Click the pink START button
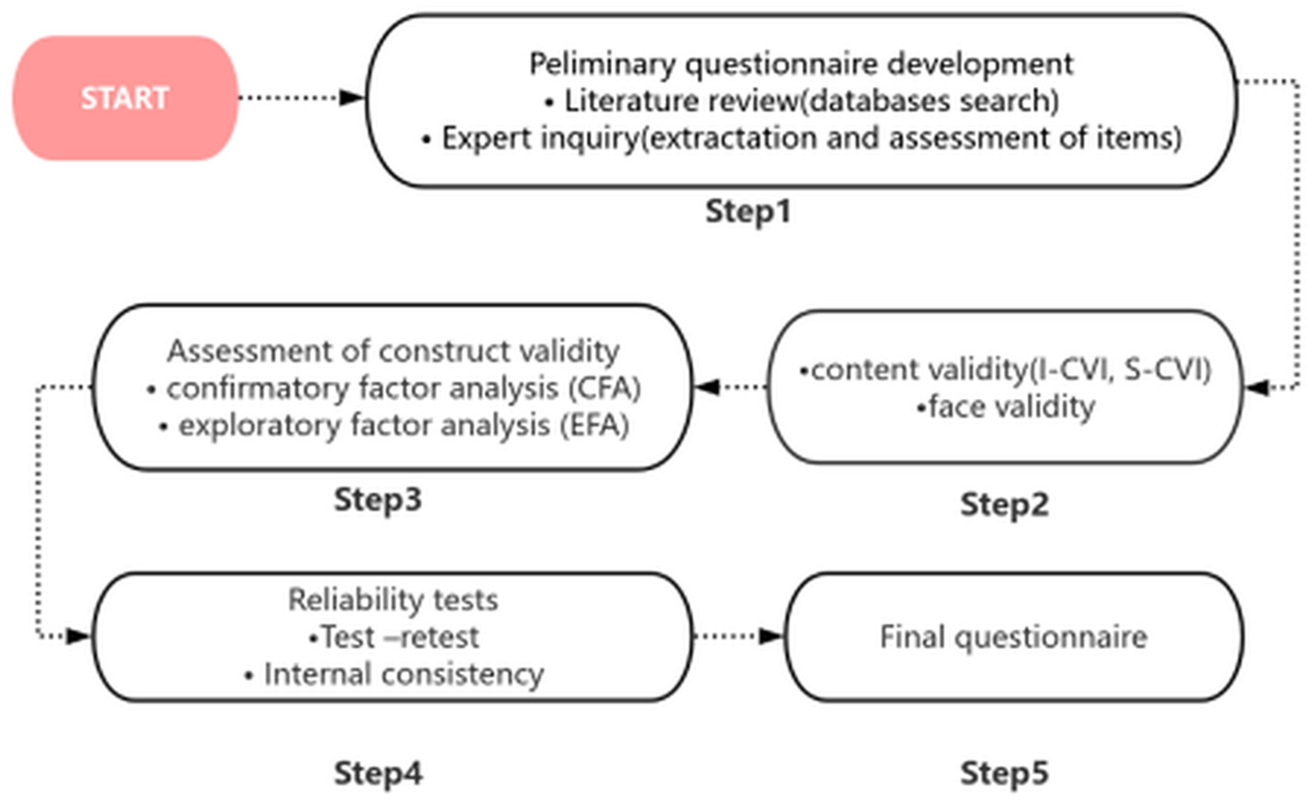click(x=125, y=98)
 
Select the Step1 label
click(x=748, y=211)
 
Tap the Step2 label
click(x=1005, y=504)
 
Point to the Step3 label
click(x=378, y=500)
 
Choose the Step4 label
click(x=378, y=773)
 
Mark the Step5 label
click(x=1005, y=773)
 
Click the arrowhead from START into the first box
click(x=352, y=97)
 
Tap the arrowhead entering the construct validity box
click(x=707, y=388)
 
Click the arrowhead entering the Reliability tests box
click(x=79, y=636)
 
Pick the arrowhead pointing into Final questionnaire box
click(x=771, y=636)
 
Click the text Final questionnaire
click(x=1013, y=637)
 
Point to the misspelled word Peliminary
click(x=602, y=64)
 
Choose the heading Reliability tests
click(x=393, y=600)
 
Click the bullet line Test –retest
click(x=396, y=637)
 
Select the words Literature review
click(x=681, y=100)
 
